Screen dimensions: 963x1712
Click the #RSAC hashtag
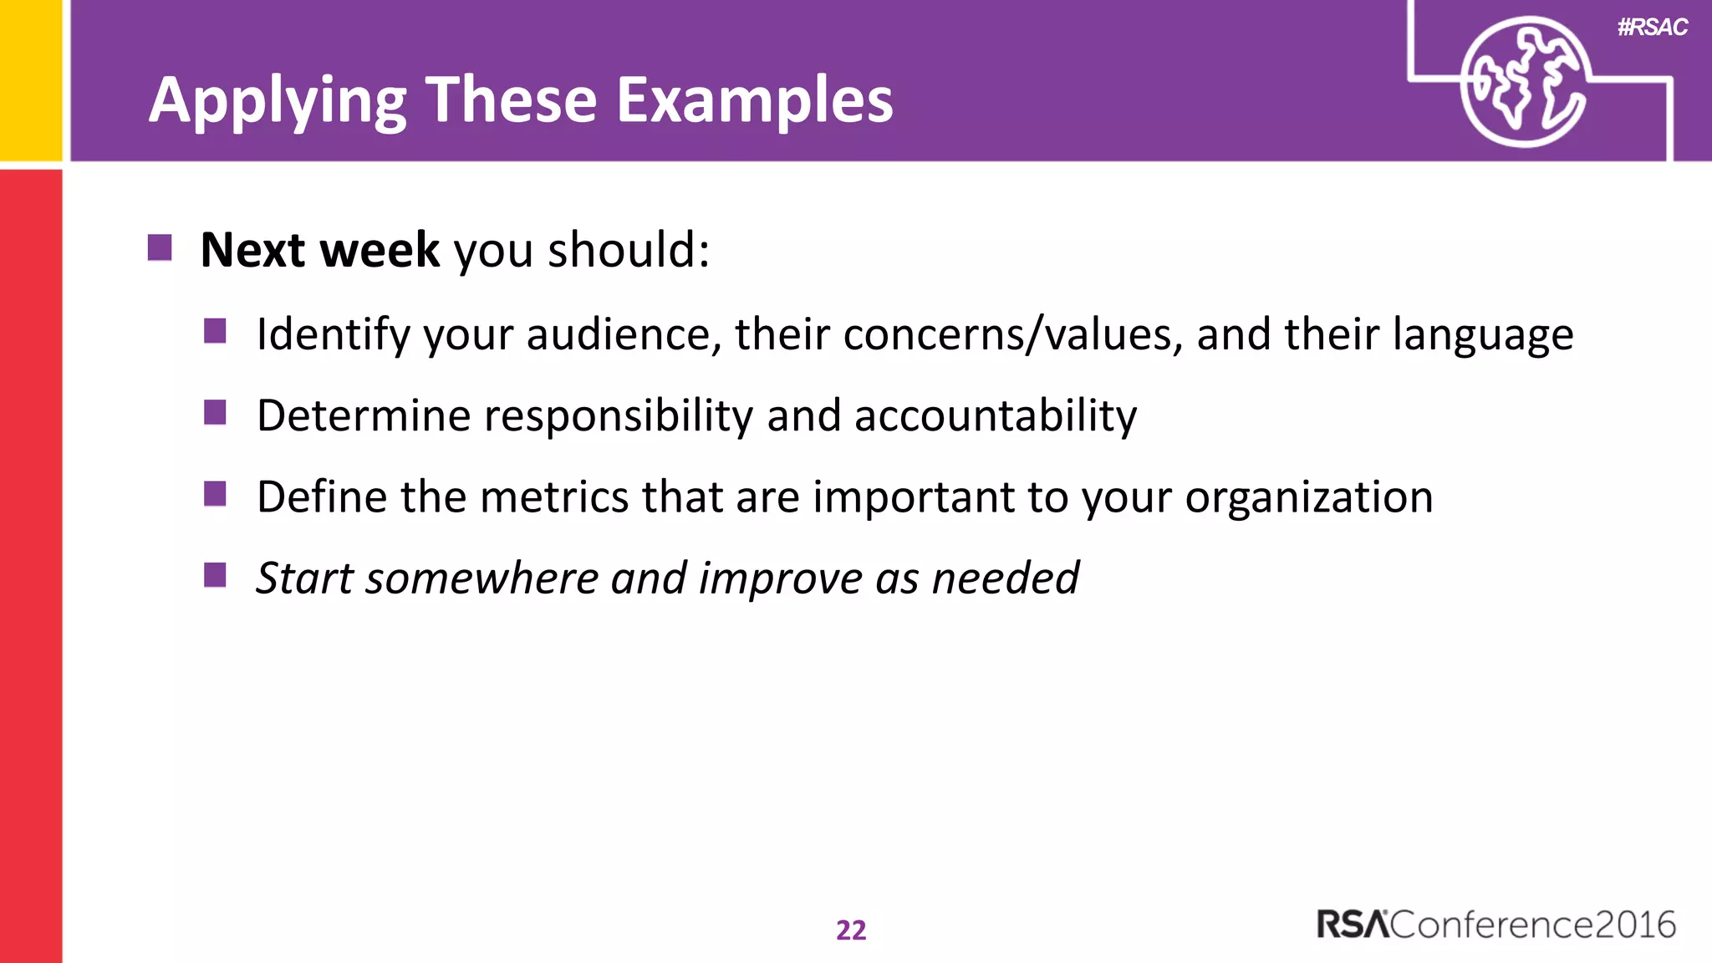[x=1652, y=28]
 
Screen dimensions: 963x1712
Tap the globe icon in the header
[x=1524, y=82]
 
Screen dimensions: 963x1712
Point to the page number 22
[x=851, y=930]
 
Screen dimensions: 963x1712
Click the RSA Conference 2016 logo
[x=1495, y=925]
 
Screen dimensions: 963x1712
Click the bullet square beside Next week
[x=160, y=247]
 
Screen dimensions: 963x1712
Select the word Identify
[x=333, y=335]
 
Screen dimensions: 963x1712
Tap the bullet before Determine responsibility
[x=215, y=413]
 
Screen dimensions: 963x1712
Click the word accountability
[x=995, y=416]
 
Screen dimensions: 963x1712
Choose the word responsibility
[x=619, y=416]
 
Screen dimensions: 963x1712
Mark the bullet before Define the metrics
[x=215, y=494]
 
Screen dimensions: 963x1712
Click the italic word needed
[x=1005, y=578]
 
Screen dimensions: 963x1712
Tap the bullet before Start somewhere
[x=215, y=575]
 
